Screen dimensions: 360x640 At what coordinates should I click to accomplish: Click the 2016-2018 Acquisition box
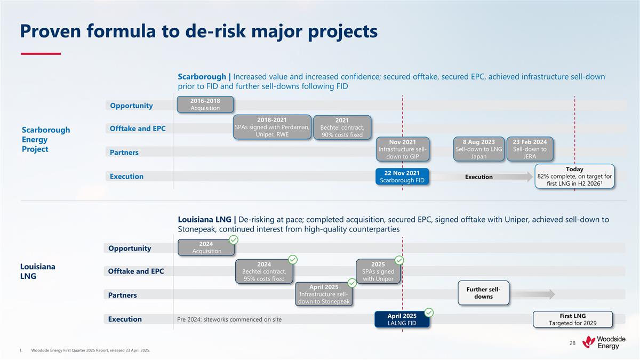(205, 104)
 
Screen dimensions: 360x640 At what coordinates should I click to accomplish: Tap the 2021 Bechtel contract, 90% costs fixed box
(342, 127)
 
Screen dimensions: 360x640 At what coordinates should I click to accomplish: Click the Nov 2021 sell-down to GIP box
(403, 149)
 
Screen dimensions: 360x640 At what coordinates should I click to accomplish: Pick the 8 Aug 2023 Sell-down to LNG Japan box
(479, 149)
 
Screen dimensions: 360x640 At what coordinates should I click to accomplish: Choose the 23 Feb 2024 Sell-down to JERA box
(530, 149)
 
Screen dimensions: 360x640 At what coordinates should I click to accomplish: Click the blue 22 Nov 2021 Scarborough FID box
(402, 177)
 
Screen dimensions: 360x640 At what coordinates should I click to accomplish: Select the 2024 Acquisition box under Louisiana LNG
(206, 247)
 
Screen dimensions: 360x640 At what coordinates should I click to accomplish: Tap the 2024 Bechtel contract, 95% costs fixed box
(264, 271)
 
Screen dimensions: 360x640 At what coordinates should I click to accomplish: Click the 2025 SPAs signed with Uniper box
(378, 271)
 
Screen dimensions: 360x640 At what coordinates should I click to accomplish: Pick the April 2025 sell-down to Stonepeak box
(324, 294)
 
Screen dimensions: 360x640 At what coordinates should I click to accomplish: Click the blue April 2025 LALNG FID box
(402, 319)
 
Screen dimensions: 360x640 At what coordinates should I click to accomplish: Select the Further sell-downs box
(483, 293)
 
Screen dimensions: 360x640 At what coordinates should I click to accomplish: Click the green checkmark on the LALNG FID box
(428, 312)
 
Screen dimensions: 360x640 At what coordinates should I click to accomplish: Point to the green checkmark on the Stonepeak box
(352, 282)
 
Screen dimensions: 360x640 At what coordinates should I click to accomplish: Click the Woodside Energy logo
(604, 342)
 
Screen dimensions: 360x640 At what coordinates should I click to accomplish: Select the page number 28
(572, 342)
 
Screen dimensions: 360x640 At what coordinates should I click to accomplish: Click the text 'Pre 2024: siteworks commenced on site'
(229, 319)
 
